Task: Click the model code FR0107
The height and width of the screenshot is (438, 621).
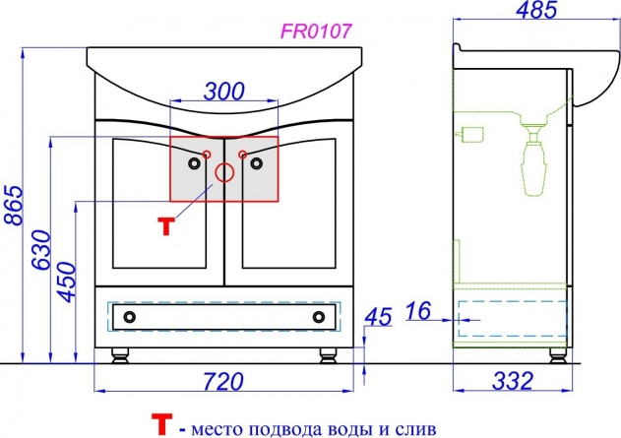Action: click(316, 31)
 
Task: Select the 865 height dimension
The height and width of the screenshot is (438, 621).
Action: click(14, 205)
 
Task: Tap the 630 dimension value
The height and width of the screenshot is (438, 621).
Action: click(41, 249)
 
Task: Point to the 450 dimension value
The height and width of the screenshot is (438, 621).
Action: click(66, 282)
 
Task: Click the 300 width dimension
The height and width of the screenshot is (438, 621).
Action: click(224, 92)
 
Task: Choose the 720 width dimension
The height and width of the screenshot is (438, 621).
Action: click(223, 381)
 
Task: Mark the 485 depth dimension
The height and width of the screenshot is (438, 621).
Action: click(536, 9)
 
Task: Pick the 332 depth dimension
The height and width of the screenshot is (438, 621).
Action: click(513, 381)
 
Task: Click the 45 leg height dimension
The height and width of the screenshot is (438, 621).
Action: click(378, 317)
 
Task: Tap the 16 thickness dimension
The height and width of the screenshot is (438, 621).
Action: click(418, 310)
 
